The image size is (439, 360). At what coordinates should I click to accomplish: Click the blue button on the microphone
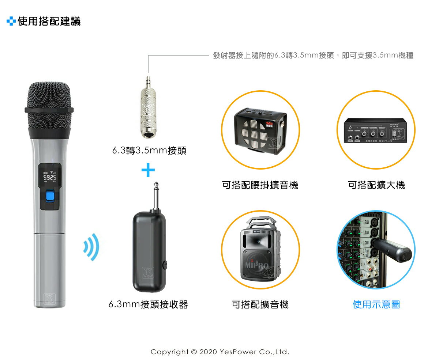point(49,197)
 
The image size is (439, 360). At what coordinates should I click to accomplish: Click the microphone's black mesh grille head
point(49,106)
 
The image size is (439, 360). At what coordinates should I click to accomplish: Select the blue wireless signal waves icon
point(91,247)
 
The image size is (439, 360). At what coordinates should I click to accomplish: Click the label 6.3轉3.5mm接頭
point(149,151)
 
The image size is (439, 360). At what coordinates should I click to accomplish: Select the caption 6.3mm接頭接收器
point(148,304)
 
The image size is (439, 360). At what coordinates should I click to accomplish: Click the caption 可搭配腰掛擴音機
point(260,185)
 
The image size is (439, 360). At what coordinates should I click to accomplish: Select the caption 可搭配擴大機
point(376,185)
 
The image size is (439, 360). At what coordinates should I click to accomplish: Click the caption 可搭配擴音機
point(260,304)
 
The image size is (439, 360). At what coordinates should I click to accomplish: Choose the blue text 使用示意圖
point(376,304)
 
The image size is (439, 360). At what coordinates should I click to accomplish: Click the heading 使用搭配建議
point(49,22)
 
